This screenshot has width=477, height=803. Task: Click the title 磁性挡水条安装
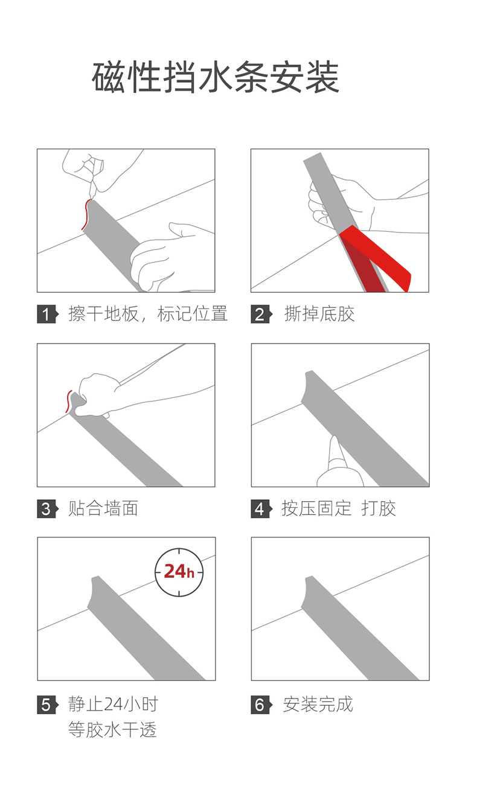tap(216, 77)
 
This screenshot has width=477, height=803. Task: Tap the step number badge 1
tap(48, 314)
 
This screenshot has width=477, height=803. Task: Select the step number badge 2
tap(261, 314)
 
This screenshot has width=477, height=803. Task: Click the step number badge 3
tap(48, 509)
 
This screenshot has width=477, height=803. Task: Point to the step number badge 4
tap(261, 509)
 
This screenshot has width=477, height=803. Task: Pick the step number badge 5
tap(48, 705)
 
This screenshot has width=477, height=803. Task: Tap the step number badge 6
tap(261, 705)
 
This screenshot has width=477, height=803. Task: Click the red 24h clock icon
tap(179, 572)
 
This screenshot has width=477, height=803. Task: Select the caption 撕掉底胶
tap(319, 314)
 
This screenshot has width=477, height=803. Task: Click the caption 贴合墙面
tap(103, 509)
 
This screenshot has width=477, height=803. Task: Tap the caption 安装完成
tap(318, 705)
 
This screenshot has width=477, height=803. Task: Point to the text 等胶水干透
tap(112, 730)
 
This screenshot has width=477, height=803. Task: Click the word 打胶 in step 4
tap(379, 509)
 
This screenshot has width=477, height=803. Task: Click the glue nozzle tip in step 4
tap(335, 438)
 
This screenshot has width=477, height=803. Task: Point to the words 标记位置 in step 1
tap(193, 314)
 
